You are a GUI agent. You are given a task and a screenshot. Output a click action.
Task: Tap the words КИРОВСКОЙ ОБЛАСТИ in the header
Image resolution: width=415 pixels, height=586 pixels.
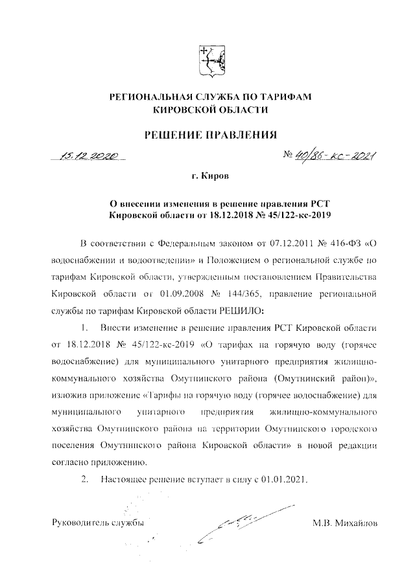(210, 110)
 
